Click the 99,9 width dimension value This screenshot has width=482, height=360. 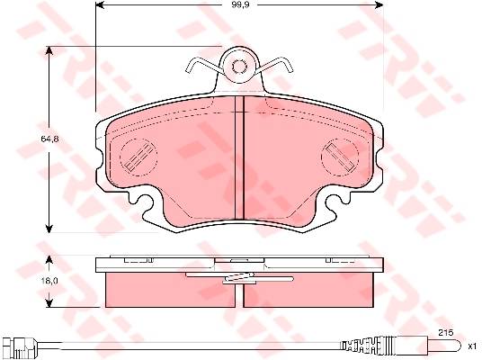click(x=240, y=4)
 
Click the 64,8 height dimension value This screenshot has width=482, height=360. click(x=49, y=139)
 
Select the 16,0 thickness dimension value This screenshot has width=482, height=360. click(x=49, y=281)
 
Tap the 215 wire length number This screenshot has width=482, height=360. click(x=446, y=333)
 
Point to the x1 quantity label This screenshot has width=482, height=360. click(x=472, y=346)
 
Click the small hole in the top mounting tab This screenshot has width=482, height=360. click(x=239, y=67)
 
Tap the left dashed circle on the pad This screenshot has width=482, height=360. click(x=138, y=157)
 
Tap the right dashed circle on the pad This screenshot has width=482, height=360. click(x=340, y=157)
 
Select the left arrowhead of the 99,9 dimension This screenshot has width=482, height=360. click(x=100, y=4)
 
